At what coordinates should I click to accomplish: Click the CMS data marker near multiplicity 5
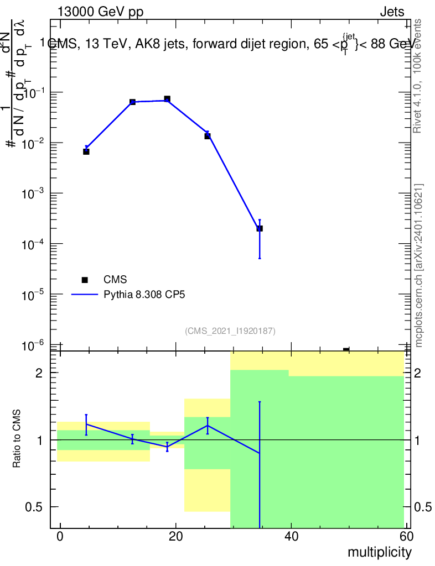point(86,151)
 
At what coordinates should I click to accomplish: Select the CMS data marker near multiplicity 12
point(132,102)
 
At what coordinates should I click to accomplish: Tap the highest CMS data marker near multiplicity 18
point(167,99)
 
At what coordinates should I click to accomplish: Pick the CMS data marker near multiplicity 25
point(208,135)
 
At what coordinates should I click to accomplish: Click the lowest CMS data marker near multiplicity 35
point(260,228)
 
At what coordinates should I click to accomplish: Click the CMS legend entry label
point(116,280)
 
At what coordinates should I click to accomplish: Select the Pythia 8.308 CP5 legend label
point(144,295)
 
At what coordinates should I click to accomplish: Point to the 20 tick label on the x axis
point(175,536)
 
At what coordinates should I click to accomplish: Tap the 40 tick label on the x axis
point(291,536)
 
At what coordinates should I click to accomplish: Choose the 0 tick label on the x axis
point(60,536)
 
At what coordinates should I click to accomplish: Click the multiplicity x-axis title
point(379,552)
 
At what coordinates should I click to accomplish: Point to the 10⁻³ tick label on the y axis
point(34,193)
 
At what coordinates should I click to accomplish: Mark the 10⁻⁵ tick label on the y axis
point(34,295)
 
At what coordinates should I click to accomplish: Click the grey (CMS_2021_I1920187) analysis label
point(230,331)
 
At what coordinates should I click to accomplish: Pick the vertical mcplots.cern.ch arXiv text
point(419,266)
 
